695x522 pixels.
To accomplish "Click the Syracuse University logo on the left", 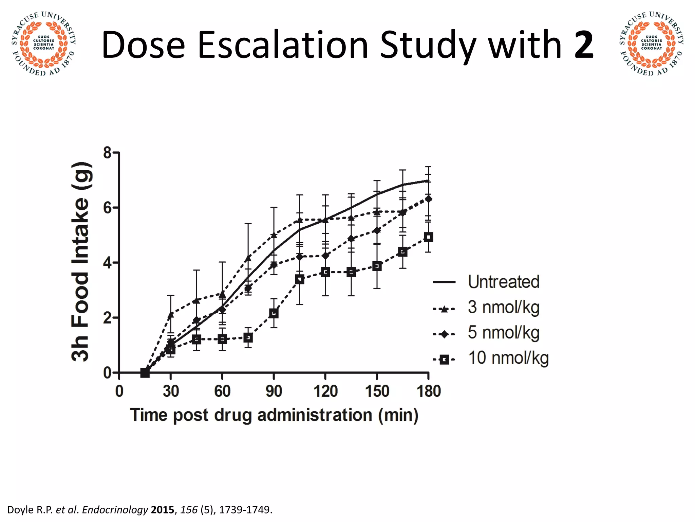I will pyautogui.click(x=43, y=43).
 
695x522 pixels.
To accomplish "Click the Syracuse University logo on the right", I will pyautogui.click(x=651, y=43).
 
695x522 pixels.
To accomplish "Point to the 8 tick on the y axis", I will pyautogui.click(x=108, y=153).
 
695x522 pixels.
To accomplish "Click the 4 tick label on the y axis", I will pyautogui.click(x=108, y=263).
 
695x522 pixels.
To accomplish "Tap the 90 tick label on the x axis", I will pyautogui.click(x=274, y=391).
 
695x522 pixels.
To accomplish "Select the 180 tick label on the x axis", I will pyautogui.click(x=429, y=391).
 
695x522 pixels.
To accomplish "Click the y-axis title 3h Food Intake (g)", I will pyautogui.click(x=81, y=262).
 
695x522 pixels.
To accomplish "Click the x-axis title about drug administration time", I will pyautogui.click(x=274, y=415).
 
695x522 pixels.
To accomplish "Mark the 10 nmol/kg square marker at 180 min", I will pyautogui.click(x=429, y=237).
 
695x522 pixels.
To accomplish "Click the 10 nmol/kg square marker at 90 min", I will pyautogui.click(x=274, y=313).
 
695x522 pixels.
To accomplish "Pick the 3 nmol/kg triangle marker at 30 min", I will pyautogui.click(x=171, y=315).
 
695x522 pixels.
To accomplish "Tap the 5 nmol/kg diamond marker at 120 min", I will pyautogui.click(x=325, y=256).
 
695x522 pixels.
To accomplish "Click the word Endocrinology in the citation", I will pyautogui.click(x=115, y=510).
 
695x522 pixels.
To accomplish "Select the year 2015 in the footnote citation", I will pyautogui.click(x=162, y=510).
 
